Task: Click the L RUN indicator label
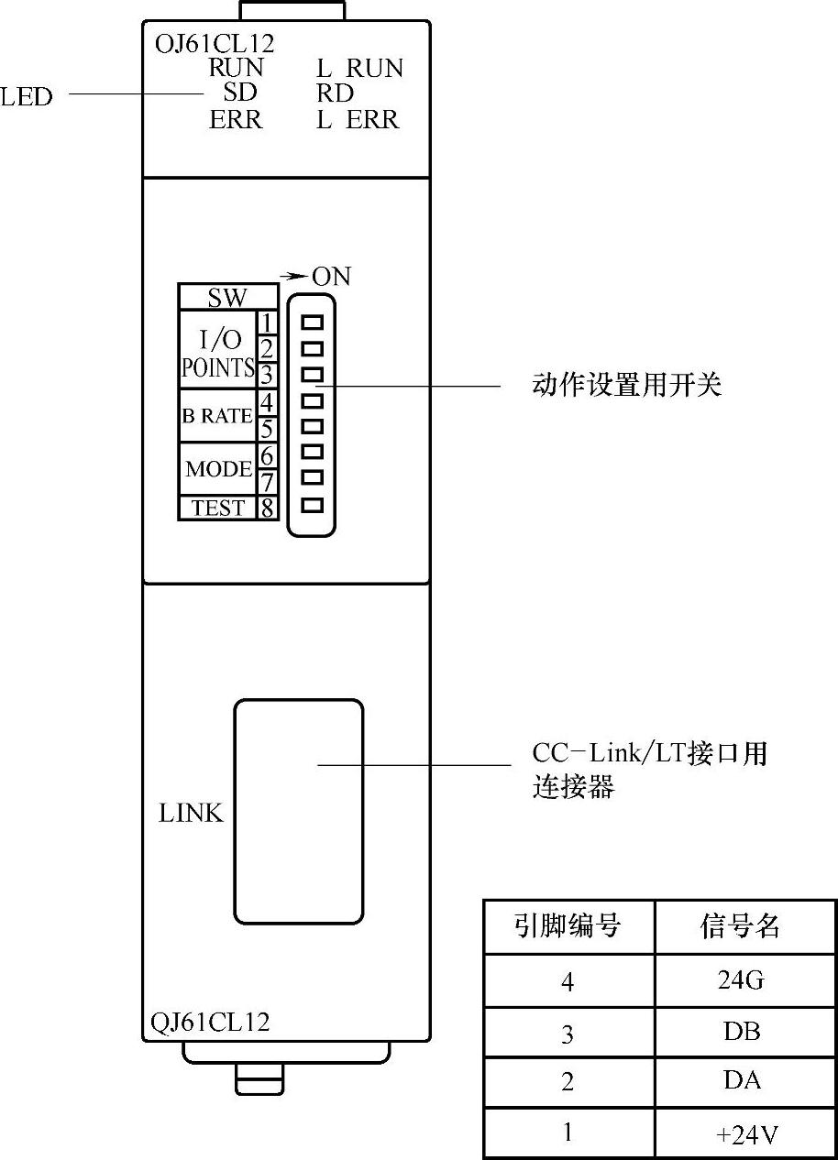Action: pos(359,69)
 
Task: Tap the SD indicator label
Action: pos(240,93)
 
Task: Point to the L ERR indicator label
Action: pos(358,120)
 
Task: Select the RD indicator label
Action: pos(335,93)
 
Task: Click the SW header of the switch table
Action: pos(227,298)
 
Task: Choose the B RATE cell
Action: pos(216,416)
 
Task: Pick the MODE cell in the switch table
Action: pos(218,469)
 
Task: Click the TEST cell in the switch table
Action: pos(218,508)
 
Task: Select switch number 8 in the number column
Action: pos(267,508)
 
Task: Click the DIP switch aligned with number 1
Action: pos(313,323)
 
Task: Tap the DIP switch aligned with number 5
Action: pos(313,426)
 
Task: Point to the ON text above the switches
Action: pos(331,276)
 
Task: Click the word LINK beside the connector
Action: pos(192,813)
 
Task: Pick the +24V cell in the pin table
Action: pos(745,1135)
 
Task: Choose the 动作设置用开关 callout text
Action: pos(627,385)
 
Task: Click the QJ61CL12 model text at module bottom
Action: pos(210,1023)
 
